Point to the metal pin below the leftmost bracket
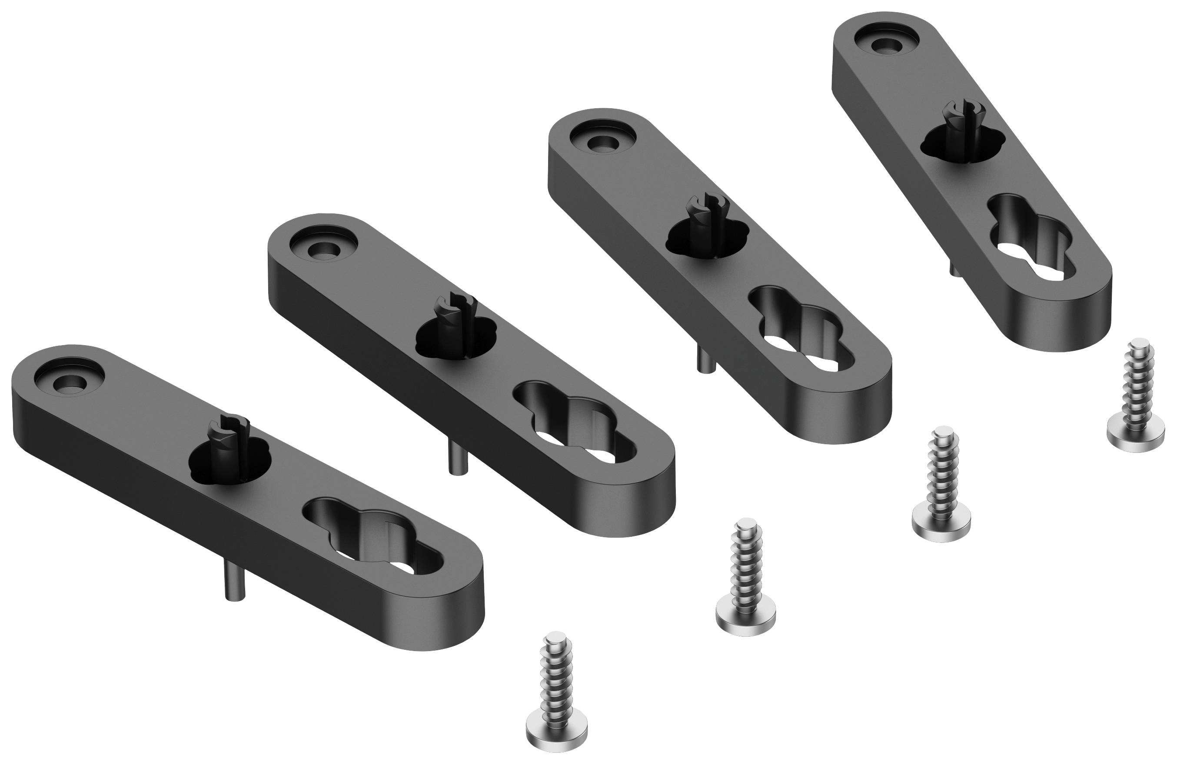(x=234, y=586)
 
